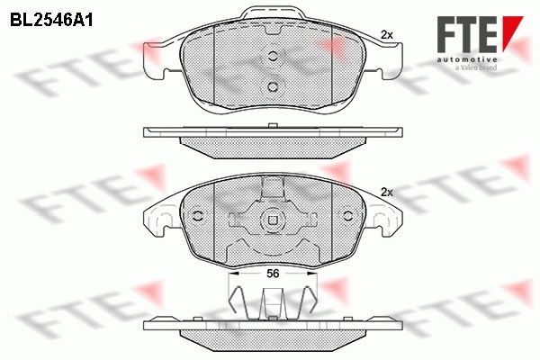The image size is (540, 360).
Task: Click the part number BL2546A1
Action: [51, 21]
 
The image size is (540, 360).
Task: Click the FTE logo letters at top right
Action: [467, 34]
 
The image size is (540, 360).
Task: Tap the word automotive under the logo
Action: [467, 59]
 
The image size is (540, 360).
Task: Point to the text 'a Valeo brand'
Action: [475, 67]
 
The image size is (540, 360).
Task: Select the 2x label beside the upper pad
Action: [387, 35]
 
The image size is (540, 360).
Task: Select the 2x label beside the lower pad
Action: [387, 193]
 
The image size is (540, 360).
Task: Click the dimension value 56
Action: [273, 274]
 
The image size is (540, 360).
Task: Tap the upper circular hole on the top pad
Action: [273, 56]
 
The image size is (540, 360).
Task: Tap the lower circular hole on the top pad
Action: [273, 86]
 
